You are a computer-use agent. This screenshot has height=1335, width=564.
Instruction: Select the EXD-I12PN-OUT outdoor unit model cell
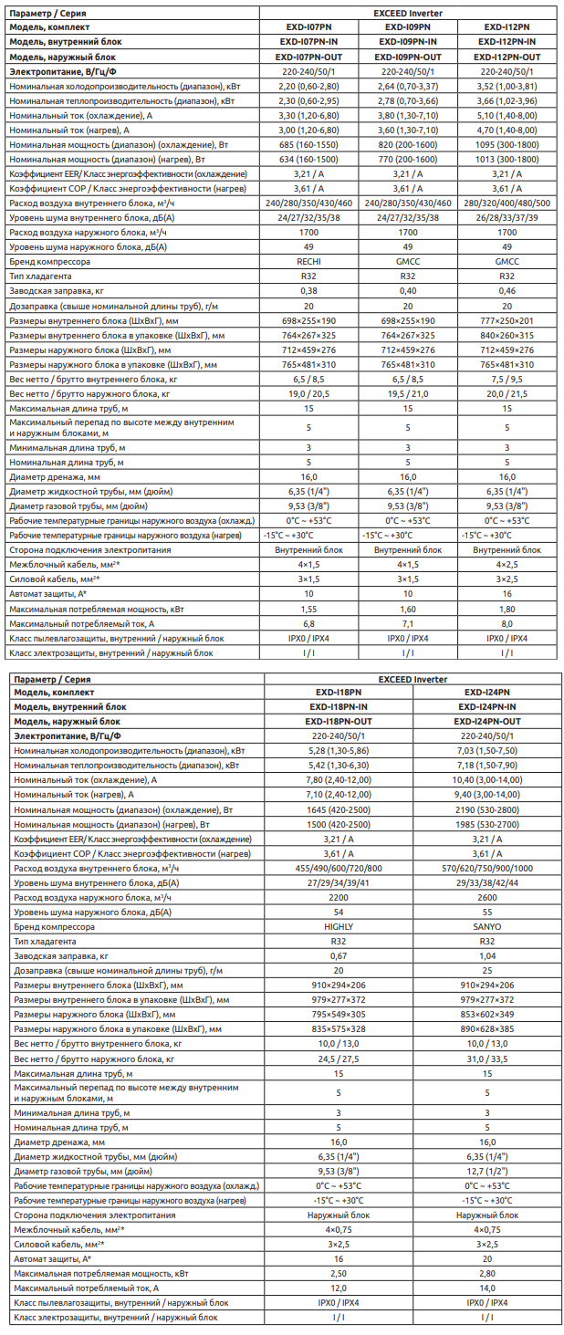(x=507, y=57)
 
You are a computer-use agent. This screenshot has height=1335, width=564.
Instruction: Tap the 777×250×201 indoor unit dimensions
(x=507, y=320)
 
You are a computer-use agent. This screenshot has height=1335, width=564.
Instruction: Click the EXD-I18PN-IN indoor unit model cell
(x=339, y=707)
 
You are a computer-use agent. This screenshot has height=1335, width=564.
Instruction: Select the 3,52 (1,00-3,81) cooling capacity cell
(x=507, y=86)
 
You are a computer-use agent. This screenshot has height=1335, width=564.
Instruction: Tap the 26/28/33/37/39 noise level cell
(x=507, y=217)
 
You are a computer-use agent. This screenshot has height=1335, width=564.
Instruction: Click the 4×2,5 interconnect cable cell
(x=507, y=565)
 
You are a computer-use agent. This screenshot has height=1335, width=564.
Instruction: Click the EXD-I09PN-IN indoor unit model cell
(x=408, y=42)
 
